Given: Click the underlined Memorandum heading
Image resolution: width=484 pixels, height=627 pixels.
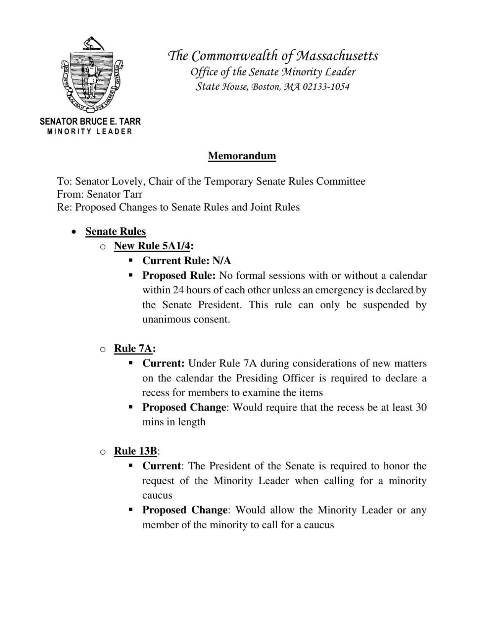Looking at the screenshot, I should [242, 156].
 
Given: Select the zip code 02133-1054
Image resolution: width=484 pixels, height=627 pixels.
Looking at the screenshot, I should [326, 87].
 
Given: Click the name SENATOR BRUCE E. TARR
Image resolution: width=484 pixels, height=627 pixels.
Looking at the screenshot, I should [90, 122].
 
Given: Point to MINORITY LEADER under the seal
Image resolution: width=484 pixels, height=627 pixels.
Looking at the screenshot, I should [90, 132].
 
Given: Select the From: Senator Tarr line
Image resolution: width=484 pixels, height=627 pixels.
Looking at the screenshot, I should [99, 194].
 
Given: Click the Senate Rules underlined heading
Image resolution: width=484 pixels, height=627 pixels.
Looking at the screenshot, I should [116, 231].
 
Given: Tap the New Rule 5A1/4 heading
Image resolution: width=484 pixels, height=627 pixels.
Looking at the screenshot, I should [152, 246].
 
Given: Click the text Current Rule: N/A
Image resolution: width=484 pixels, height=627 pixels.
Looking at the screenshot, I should [187, 261].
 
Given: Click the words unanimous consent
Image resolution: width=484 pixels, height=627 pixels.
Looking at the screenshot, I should [186, 319].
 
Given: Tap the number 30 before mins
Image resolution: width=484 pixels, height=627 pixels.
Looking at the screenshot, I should [420, 407].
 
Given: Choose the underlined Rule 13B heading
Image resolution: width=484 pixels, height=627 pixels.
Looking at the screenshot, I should [135, 451].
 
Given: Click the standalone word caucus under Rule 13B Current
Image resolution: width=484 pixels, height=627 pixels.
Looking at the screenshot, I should [157, 495].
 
